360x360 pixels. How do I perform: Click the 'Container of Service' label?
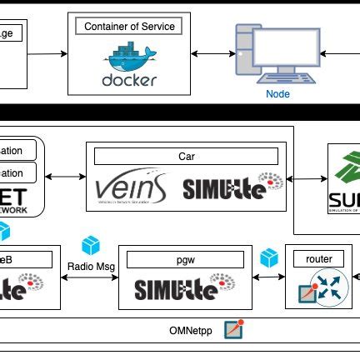tap(128, 27)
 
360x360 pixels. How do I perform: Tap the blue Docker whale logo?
tap(129, 58)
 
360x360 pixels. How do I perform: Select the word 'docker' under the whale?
tap(128, 81)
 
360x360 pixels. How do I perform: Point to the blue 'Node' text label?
tap(277, 94)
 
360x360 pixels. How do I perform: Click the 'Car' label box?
tap(186, 156)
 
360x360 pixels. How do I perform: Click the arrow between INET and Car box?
tap(66, 177)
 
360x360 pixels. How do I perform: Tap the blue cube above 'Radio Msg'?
tap(90, 245)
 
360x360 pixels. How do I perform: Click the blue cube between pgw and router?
tap(268, 258)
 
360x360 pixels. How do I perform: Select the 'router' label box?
tap(318, 259)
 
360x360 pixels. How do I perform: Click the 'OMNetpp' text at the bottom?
tap(189, 331)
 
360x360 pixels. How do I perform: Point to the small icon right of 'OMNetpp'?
tap(234, 329)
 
